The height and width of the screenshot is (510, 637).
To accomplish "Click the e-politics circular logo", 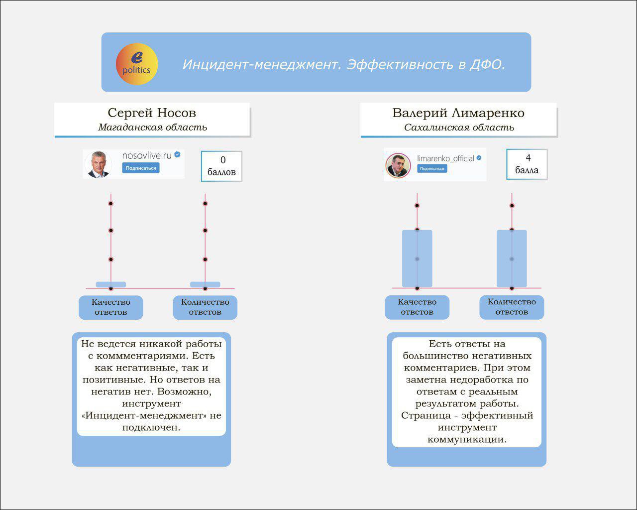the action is pyautogui.click(x=137, y=64).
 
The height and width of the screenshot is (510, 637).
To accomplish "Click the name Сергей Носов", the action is pyautogui.click(x=152, y=113).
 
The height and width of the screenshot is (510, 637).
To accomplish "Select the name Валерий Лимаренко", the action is pyautogui.click(x=458, y=113).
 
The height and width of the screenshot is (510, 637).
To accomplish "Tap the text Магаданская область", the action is pyautogui.click(x=152, y=127).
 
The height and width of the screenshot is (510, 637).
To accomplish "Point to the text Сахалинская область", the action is pyautogui.click(x=459, y=127).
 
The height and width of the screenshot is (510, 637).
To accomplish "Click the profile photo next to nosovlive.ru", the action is pyautogui.click(x=98, y=164).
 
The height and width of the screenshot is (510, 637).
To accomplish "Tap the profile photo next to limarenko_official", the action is pyautogui.click(x=398, y=165).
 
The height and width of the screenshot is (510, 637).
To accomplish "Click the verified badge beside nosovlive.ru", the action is pyautogui.click(x=177, y=154).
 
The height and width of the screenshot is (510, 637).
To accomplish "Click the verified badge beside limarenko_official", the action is pyautogui.click(x=479, y=158).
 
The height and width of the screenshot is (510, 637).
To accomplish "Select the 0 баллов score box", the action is pyautogui.click(x=221, y=166).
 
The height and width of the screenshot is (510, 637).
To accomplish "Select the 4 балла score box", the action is pyautogui.click(x=527, y=164).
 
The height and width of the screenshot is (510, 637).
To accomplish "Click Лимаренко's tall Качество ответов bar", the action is pyautogui.click(x=417, y=258).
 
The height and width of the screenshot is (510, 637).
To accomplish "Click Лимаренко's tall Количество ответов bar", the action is pyautogui.click(x=512, y=258).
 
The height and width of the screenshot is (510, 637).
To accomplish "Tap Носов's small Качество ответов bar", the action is pyautogui.click(x=110, y=284).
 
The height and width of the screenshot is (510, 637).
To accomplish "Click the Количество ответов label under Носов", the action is pyautogui.click(x=205, y=307).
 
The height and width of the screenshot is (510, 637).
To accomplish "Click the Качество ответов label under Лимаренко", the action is pyautogui.click(x=417, y=307).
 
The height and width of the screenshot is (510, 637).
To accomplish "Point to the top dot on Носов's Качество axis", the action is pyautogui.click(x=110, y=204).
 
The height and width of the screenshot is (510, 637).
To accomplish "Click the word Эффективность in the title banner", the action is pyautogui.click(x=400, y=64).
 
